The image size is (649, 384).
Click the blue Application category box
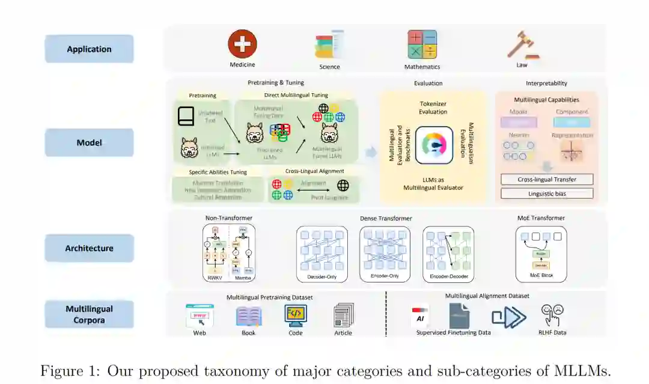(89, 49)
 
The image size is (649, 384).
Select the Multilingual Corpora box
(89, 314)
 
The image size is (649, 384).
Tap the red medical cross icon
(242, 44)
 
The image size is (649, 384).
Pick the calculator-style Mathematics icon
(422, 44)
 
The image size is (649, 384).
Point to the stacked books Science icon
(329, 45)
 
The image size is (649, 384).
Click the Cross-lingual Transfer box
(547, 179)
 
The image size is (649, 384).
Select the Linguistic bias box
(547, 194)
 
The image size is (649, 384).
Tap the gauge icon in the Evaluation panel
(434, 145)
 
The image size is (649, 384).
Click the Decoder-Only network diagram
(321, 251)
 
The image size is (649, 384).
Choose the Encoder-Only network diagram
(385, 251)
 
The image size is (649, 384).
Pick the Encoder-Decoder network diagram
(448, 251)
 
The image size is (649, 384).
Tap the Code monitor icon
(296, 315)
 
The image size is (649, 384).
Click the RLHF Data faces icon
(552, 315)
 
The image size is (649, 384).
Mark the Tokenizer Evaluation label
(433, 108)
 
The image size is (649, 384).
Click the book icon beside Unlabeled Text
(186, 115)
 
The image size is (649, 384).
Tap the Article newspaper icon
(344, 315)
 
